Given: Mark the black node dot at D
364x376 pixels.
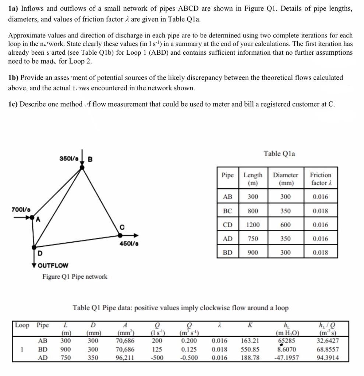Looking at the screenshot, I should point(34,247).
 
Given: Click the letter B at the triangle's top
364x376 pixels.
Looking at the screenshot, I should point(91,159).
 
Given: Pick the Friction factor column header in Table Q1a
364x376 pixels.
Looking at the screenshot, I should point(320,179).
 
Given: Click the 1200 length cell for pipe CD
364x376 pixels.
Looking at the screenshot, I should point(253,225).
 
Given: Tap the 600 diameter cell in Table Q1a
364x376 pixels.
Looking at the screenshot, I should point(285,225).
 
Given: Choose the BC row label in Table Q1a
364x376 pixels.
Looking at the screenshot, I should point(227,211).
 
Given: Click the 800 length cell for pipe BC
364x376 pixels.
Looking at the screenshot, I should point(253,211).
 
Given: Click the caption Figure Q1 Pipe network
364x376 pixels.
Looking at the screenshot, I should point(75,276).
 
